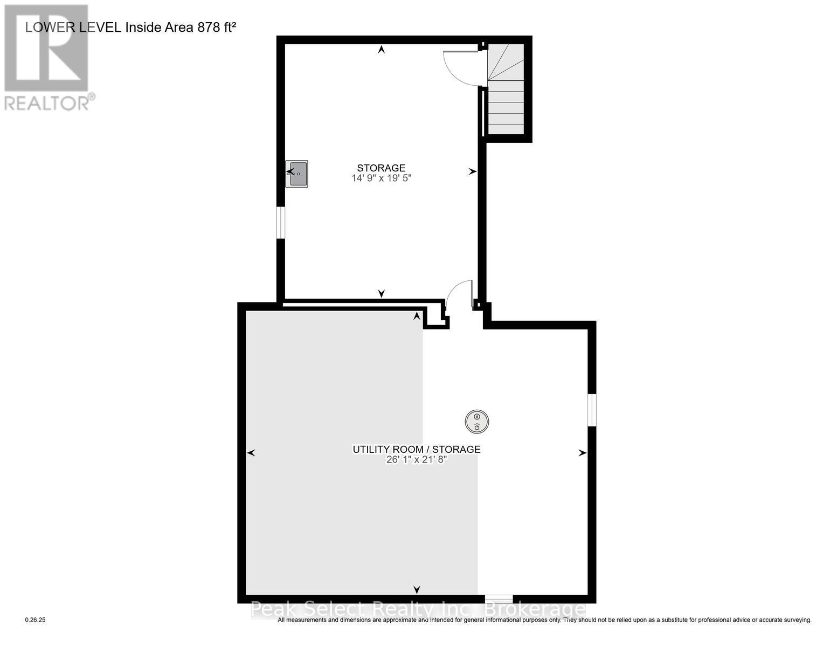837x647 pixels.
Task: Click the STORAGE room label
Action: click(381, 168)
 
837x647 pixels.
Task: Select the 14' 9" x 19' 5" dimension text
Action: click(381, 178)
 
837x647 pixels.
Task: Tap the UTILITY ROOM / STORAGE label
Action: click(416, 449)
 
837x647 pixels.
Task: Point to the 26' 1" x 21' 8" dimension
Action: click(416, 460)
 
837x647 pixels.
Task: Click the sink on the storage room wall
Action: click(297, 174)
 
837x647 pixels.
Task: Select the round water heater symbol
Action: click(477, 422)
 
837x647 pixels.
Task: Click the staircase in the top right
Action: click(506, 90)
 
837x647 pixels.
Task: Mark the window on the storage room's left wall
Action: click(280, 222)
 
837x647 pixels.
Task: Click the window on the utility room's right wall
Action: click(592, 410)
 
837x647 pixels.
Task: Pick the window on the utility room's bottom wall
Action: click(499, 598)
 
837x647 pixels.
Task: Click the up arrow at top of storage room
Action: click(382, 50)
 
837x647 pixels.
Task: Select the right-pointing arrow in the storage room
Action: click(472, 171)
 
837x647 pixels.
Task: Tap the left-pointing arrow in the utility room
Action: click(251, 453)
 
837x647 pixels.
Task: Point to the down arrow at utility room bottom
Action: click(417, 589)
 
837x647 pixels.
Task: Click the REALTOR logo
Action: click(47, 57)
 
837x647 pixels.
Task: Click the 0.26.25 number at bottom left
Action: click(36, 620)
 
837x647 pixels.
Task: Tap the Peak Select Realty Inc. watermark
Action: click(418, 609)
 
